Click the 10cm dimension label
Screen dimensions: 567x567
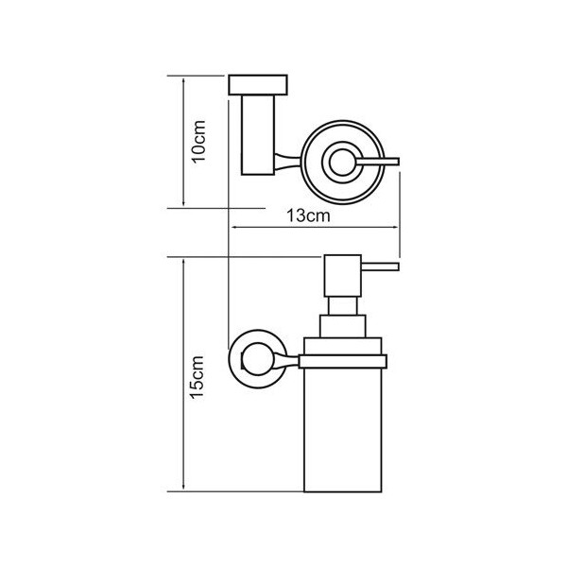pos(199,142)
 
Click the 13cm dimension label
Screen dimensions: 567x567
pos(308,215)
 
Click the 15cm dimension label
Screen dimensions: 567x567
pos(198,377)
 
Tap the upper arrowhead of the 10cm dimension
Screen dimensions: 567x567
pos(183,81)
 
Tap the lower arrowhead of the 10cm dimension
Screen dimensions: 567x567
pos(183,202)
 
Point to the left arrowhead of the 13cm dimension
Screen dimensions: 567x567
pos(235,228)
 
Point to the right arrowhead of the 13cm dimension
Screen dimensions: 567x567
pos(393,228)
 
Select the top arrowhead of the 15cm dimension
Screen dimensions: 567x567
pos(183,263)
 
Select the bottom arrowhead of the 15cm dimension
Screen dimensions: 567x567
pos(183,486)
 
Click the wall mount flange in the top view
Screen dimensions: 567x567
pos(258,85)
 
